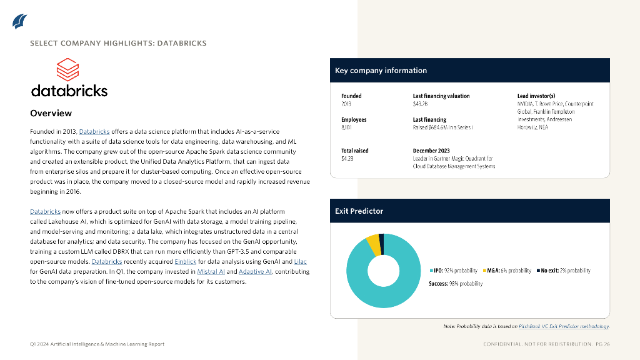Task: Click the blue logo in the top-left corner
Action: (19, 21)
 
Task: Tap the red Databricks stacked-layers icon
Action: (67, 70)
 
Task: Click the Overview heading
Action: (51, 113)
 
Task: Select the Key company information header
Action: (381, 71)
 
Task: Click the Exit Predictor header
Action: (359, 211)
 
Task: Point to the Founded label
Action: (351, 96)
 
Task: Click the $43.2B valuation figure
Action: (421, 104)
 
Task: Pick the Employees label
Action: (354, 119)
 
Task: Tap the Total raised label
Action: (354, 151)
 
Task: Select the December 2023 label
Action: (431, 151)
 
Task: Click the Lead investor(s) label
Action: (536, 96)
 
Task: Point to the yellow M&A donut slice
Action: (372, 243)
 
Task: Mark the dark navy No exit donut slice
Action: (381, 240)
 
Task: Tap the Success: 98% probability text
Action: (455, 284)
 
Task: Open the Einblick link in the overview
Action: (186, 261)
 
